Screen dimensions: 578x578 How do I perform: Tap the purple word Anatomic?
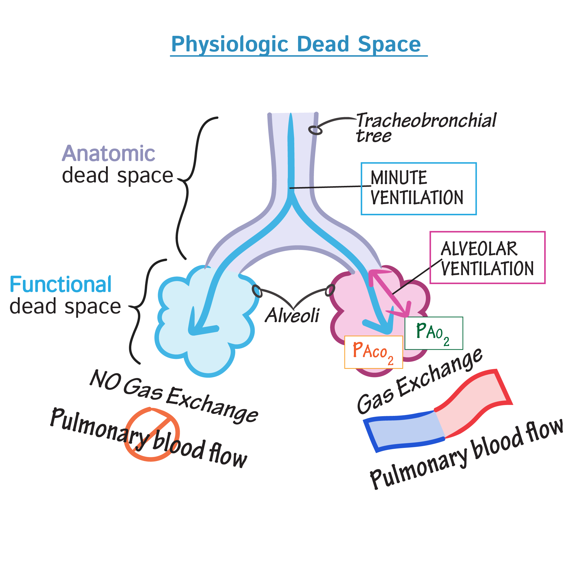point(108,154)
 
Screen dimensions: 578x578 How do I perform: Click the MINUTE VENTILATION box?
point(418,189)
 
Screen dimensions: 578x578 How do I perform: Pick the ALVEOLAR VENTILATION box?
point(487,258)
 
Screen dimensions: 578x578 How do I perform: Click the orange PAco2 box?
point(373,352)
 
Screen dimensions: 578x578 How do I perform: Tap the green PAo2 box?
point(433,333)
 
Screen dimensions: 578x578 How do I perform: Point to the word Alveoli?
point(292,315)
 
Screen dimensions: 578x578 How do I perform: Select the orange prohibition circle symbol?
point(152,435)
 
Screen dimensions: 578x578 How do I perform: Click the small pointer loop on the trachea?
point(315,130)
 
